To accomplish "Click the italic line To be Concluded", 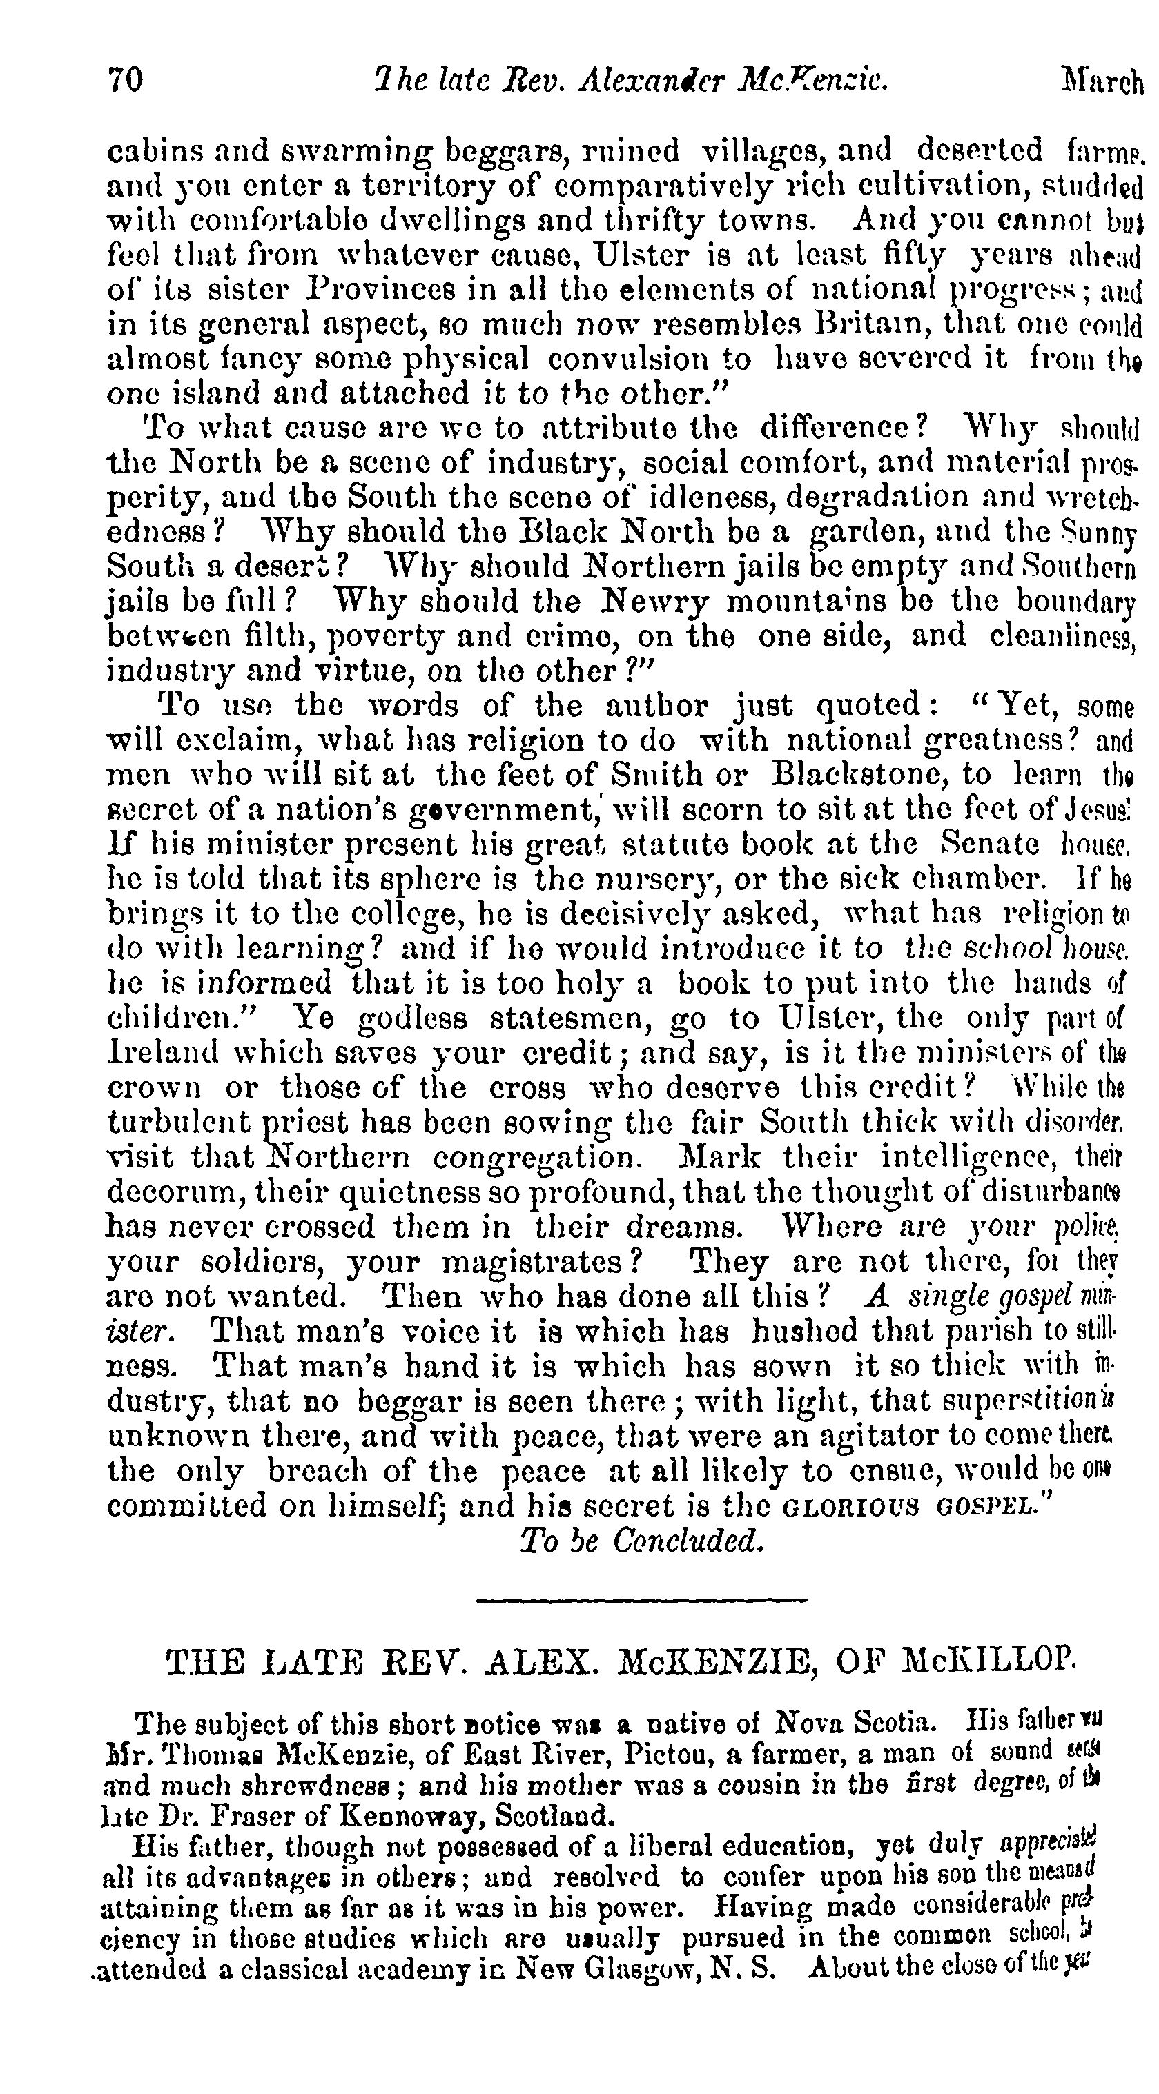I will click(643, 1541).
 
